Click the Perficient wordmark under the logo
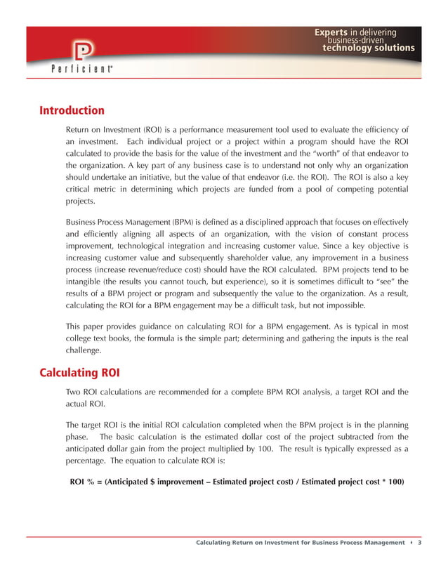pyautogui.click(x=82, y=70)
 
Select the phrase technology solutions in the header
pyautogui.click(x=368, y=48)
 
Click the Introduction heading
pyautogui.click(x=72, y=110)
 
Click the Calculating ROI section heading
pyautogui.click(x=81, y=371)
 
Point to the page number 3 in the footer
pyautogui.click(x=419, y=543)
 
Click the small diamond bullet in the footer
pyautogui.click(x=411, y=543)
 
